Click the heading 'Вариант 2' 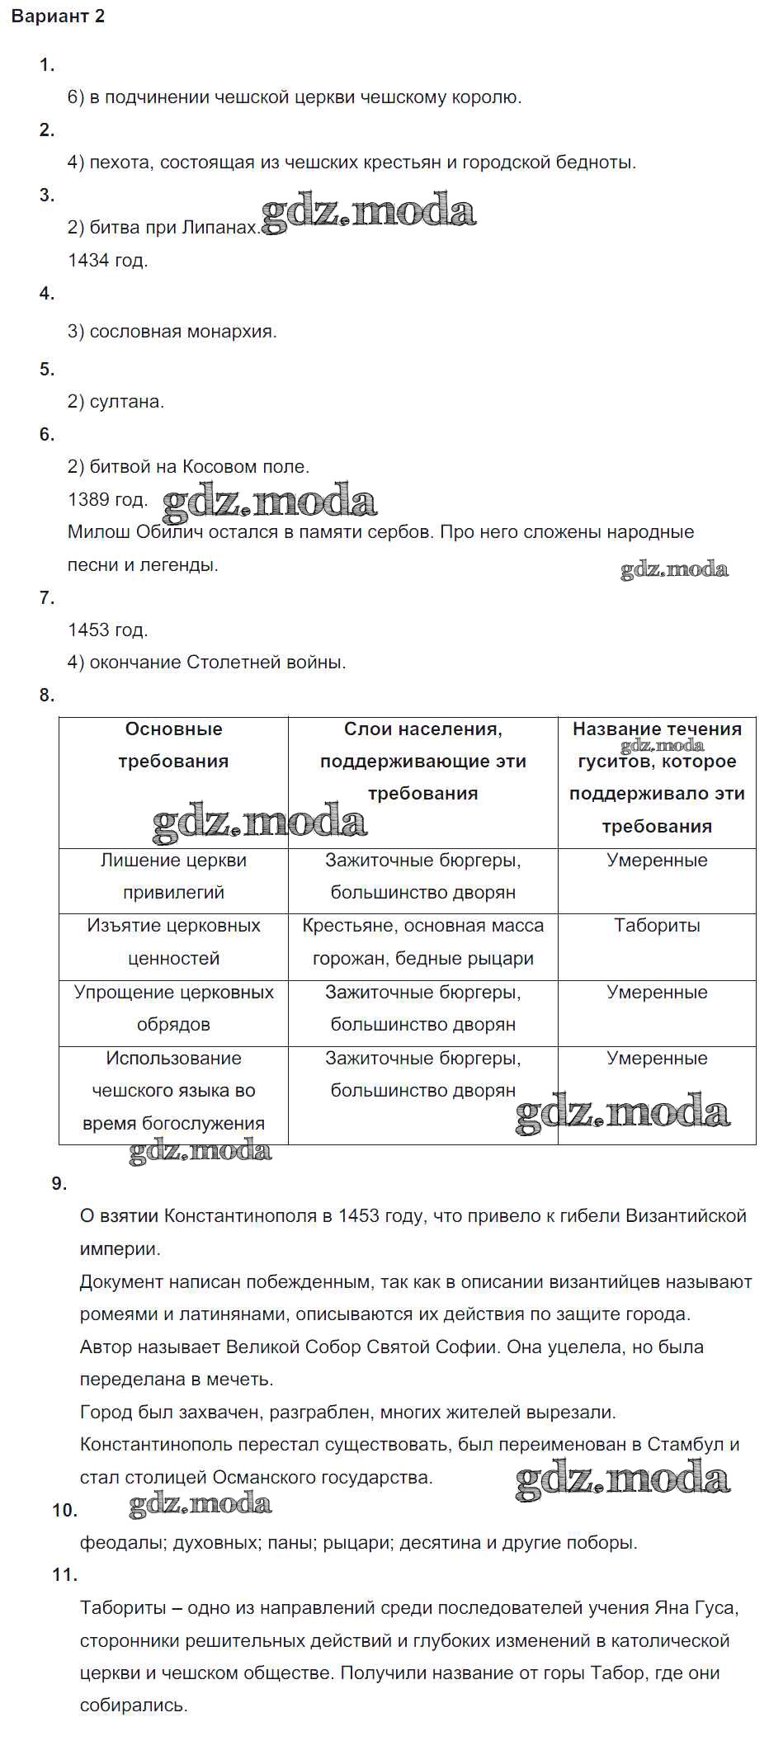pos(58,17)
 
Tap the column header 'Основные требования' pos(173,745)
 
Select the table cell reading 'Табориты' pos(657,926)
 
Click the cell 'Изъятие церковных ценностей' pos(173,942)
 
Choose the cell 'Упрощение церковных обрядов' pos(173,1008)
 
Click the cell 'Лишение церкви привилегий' pos(173,876)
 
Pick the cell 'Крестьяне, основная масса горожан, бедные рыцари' pos(422,942)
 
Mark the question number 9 pos(59,1184)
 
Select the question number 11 pos(64,1575)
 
